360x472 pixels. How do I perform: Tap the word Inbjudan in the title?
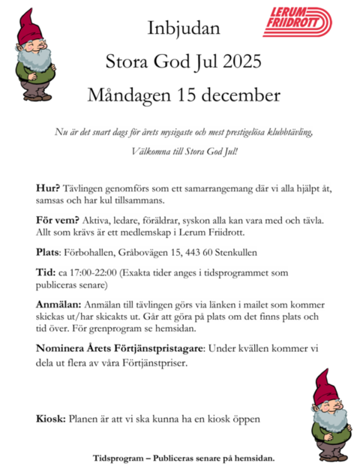coord(184,29)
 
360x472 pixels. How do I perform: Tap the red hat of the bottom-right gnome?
coord(325,386)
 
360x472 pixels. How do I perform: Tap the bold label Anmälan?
coord(59,306)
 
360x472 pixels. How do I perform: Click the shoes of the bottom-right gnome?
coord(330,455)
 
